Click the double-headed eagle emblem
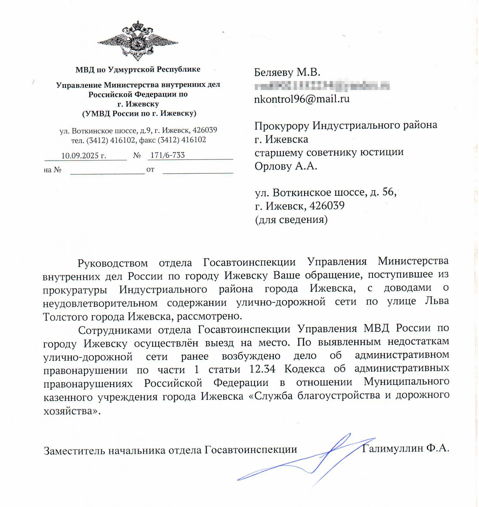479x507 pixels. click(138, 41)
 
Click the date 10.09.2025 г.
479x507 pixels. click(84, 155)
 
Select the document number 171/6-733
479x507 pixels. click(167, 155)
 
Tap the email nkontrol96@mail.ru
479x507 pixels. click(302, 99)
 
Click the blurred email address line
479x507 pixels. click(322, 86)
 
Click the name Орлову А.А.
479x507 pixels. click(286, 166)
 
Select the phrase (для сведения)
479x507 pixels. click(291, 220)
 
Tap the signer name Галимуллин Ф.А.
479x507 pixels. click(405, 448)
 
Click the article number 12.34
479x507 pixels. click(262, 369)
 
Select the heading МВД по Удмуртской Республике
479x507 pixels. click(138, 70)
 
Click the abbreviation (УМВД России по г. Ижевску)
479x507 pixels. click(139, 113)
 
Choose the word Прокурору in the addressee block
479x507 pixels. click(281, 125)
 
